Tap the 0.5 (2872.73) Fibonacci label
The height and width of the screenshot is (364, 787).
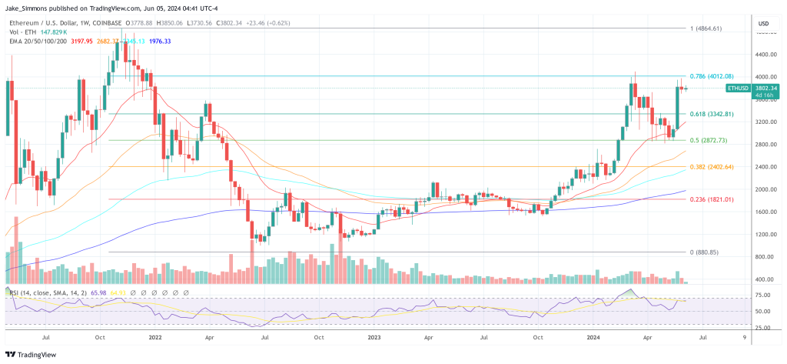click(709, 141)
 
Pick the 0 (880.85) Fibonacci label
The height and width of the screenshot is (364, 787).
click(704, 252)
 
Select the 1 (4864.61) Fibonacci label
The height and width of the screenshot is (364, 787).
click(706, 28)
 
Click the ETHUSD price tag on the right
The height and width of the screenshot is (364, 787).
click(738, 88)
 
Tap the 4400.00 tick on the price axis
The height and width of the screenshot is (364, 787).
click(763, 55)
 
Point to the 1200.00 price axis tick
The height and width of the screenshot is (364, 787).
click(763, 234)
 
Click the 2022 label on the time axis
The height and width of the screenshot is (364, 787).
click(155, 337)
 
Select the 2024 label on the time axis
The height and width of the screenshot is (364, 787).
click(594, 337)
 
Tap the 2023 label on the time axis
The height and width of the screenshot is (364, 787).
click(374, 337)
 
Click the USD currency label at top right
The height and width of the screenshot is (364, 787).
click(763, 24)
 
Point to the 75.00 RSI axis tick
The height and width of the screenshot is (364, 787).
click(763, 295)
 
